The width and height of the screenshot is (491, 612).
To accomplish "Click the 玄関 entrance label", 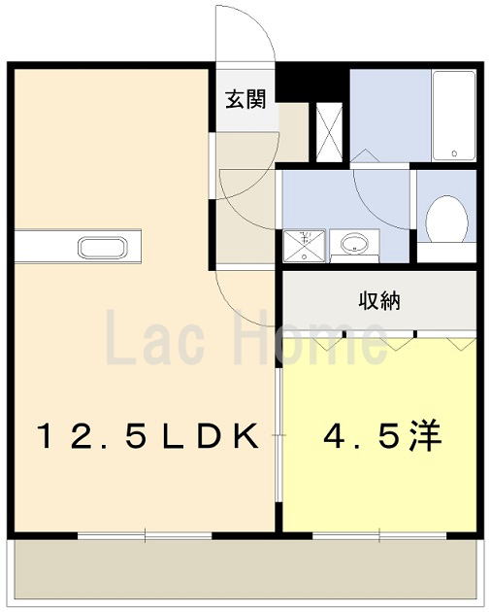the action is (246, 99).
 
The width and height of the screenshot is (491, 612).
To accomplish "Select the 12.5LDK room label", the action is (148, 435).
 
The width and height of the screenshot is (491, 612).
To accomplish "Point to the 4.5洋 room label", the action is (381, 435).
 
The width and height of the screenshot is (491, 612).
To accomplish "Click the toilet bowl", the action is (446, 219).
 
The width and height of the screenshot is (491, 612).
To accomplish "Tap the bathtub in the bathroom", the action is (454, 116).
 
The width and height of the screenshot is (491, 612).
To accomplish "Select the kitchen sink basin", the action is (102, 248).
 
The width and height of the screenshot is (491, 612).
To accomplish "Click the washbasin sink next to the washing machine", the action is (354, 245).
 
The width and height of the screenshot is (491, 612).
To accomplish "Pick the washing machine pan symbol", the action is (304, 246).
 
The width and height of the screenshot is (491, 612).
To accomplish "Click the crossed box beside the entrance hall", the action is (329, 132).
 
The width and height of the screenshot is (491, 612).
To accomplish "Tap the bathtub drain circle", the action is (454, 153).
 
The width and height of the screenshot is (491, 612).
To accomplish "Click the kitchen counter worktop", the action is (78, 247).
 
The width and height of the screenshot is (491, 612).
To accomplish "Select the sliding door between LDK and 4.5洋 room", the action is (278, 435).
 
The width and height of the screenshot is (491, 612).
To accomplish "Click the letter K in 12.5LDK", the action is (245, 435).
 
